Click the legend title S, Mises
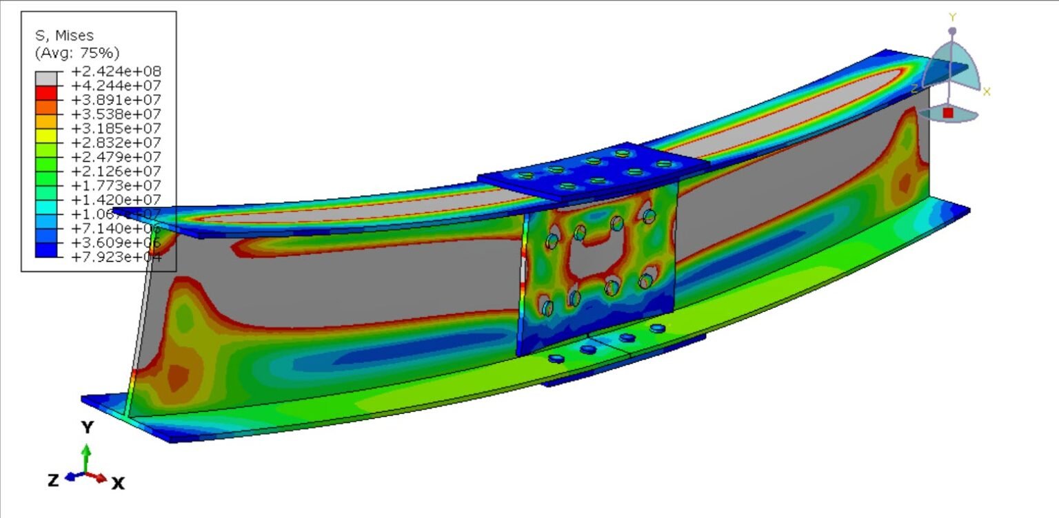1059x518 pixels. click(x=64, y=36)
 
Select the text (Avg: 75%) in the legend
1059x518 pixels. click(x=77, y=53)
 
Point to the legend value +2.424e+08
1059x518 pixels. click(x=116, y=72)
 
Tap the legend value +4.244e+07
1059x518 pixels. click(x=116, y=86)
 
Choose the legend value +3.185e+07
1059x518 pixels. click(x=116, y=129)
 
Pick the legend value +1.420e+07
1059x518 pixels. click(x=116, y=200)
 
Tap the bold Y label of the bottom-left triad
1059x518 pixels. click(x=87, y=428)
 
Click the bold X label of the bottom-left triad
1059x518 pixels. click(x=118, y=484)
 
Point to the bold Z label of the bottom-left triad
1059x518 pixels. click(x=53, y=481)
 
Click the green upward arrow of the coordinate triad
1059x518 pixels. click(x=85, y=455)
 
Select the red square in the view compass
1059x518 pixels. click(x=948, y=112)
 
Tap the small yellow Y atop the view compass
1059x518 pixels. click(x=952, y=17)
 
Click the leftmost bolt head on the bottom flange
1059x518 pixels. click(x=556, y=358)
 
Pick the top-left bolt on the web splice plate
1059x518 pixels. click(x=552, y=241)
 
